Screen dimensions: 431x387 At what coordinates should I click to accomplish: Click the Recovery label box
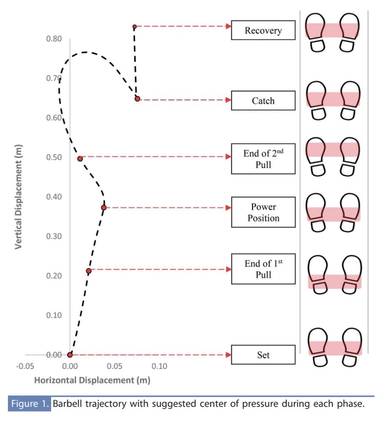coord(263,30)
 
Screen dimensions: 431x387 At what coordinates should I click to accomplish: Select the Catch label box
coord(263,101)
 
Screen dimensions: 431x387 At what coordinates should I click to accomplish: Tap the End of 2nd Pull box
coord(263,159)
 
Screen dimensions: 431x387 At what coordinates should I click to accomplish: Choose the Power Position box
coord(263,212)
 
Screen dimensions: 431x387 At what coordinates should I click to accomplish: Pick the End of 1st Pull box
coord(263,269)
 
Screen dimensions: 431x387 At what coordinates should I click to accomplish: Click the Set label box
coord(263,355)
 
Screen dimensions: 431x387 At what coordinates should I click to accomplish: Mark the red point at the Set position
coord(70,355)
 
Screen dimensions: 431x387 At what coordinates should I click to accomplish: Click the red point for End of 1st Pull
coord(89,271)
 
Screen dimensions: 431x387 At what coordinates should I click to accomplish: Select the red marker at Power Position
coord(104,208)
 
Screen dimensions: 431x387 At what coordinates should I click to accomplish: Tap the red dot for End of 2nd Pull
coord(80,159)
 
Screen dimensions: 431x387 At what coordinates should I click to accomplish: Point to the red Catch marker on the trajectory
coord(137,99)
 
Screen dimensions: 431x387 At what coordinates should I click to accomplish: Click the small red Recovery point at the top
coord(134,27)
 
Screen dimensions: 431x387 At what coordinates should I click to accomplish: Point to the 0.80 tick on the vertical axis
coord(55,39)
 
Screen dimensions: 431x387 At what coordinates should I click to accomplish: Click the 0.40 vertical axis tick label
coord(55,197)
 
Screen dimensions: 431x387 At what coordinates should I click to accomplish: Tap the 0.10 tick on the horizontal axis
coord(159,367)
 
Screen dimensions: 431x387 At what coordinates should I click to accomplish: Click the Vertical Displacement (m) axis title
coord(18,197)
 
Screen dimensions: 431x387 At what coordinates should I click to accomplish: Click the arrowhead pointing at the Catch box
coord(228,100)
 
